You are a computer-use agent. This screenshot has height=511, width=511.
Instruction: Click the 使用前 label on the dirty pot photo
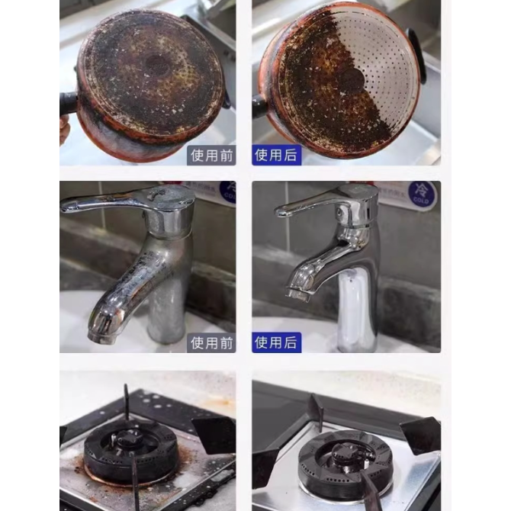pyautogui.click(x=211, y=156)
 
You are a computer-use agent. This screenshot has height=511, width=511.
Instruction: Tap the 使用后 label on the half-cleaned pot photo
pyautogui.click(x=276, y=155)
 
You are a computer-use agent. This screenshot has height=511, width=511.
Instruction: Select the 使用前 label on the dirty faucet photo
pyautogui.click(x=211, y=343)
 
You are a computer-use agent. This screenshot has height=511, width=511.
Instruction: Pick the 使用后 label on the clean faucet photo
pyautogui.click(x=276, y=342)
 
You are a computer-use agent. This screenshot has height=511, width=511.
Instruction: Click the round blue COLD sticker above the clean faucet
pyautogui.click(x=422, y=193)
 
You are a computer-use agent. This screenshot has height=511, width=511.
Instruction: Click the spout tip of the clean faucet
pyautogui.click(x=297, y=294)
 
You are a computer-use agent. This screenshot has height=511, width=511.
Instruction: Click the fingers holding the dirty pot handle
pyautogui.click(x=65, y=130)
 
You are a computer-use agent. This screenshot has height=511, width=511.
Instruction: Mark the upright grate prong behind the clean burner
pyautogui.click(x=317, y=411)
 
